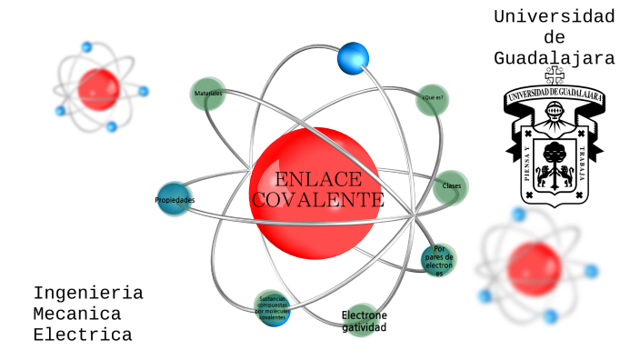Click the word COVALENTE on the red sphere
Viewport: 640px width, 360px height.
(x=317, y=198)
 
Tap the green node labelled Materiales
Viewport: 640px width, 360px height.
(x=208, y=94)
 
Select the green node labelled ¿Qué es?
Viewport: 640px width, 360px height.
(x=432, y=98)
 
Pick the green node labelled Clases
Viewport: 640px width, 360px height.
(x=451, y=186)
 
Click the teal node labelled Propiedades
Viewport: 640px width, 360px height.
(x=174, y=199)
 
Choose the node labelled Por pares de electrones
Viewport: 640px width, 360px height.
(x=439, y=260)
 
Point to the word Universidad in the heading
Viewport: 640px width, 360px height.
(x=554, y=16)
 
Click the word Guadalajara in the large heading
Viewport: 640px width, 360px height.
(x=554, y=58)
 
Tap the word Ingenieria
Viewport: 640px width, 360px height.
(x=88, y=293)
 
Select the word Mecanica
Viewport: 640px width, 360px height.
(x=77, y=314)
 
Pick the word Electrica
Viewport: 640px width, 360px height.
(x=83, y=335)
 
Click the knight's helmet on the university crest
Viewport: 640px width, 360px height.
(x=554, y=115)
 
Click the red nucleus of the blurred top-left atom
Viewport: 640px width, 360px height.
(x=98, y=88)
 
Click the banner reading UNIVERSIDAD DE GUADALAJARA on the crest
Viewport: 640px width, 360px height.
(x=554, y=95)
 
